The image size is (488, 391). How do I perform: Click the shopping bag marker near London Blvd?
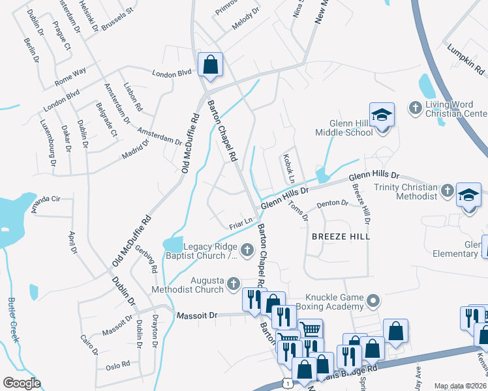click(210, 65)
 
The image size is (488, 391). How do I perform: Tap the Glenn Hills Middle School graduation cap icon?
click(382, 116)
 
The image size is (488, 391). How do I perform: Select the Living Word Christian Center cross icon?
click(414, 106)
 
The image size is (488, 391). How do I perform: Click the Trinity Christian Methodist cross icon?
click(447, 191)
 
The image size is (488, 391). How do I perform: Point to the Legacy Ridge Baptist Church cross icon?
click(247, 249)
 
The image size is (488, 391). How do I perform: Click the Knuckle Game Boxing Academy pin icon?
click(373, 300)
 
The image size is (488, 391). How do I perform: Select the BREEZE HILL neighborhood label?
click(341, 237)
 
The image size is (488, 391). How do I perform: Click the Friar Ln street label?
click(241, 223)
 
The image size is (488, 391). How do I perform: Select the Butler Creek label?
click(13, 320)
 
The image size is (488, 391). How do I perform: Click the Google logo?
click(22, 383)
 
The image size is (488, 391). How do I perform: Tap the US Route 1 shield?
click(286, 385)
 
